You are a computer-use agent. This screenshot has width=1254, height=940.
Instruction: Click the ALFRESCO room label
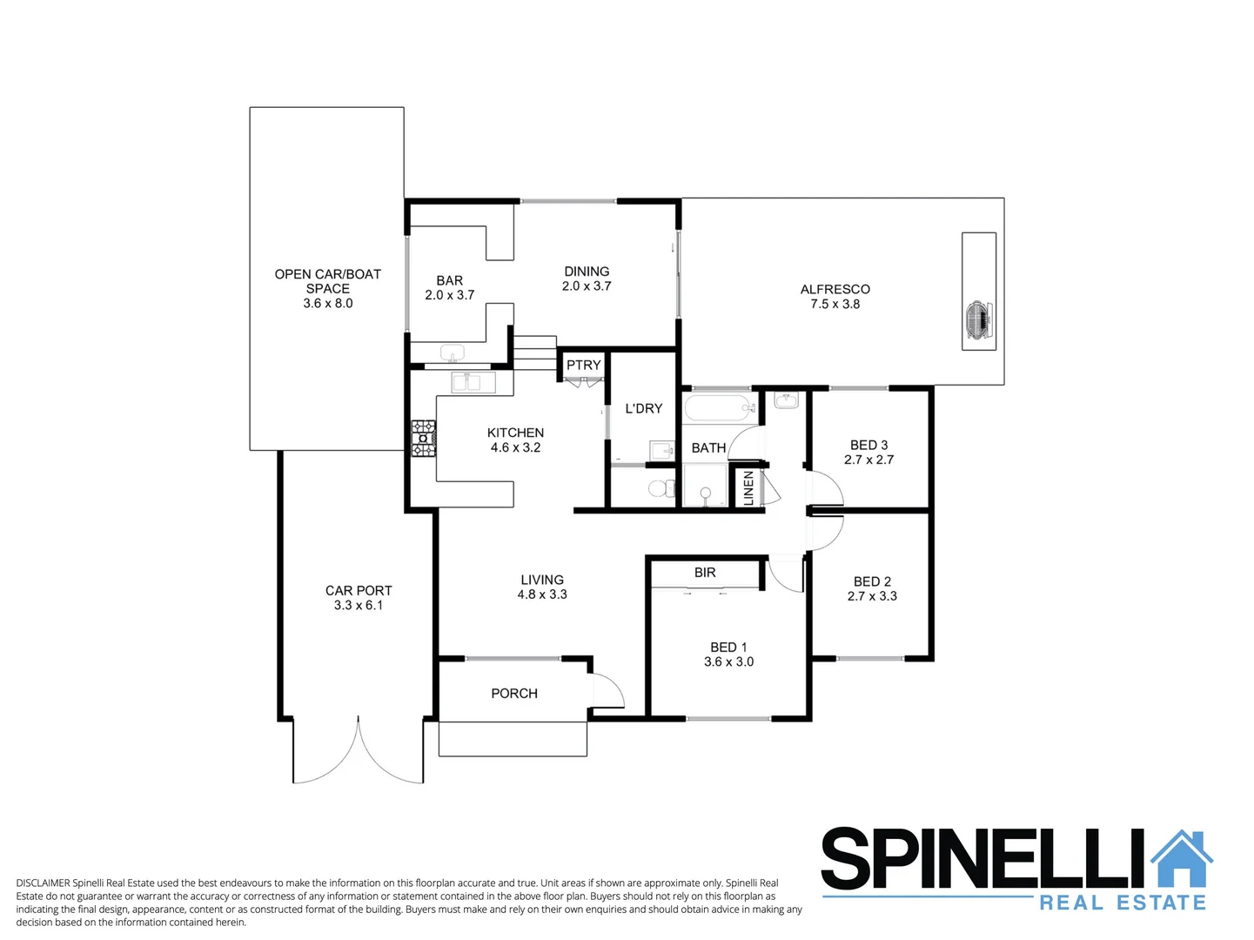coord(835,289)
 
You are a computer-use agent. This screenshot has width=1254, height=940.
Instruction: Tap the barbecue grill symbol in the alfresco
coord(978,318)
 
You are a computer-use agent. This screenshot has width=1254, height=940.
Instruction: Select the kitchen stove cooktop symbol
coord(424,438)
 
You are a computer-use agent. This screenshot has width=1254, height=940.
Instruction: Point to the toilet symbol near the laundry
coord(662,487)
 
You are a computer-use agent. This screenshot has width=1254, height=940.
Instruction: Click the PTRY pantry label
coord(583,365)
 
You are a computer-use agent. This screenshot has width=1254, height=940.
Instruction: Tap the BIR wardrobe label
coord(705,573)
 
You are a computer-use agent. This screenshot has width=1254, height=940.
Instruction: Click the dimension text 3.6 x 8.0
coord(328,304)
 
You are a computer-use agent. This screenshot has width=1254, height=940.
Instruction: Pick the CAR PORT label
coord(359,590)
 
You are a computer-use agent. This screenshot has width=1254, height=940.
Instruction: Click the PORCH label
coord(513,694)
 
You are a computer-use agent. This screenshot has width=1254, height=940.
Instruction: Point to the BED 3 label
coord(868,445)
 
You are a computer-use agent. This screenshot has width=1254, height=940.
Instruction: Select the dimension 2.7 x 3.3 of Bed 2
coord(872,596)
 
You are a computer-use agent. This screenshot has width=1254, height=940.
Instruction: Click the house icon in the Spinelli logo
coord(1182,860)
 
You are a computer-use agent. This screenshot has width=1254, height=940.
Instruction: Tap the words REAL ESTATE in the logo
coord(1123,903)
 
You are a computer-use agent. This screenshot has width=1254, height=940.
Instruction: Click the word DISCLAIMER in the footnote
coord(43,883)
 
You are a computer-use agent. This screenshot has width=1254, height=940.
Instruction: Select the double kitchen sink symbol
coord(473,382)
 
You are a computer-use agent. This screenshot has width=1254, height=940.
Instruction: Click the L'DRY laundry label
coord(643,408)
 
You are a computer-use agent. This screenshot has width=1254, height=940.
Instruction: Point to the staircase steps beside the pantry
coord(533,352)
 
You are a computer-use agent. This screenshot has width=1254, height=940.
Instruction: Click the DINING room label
coord(587,272)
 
